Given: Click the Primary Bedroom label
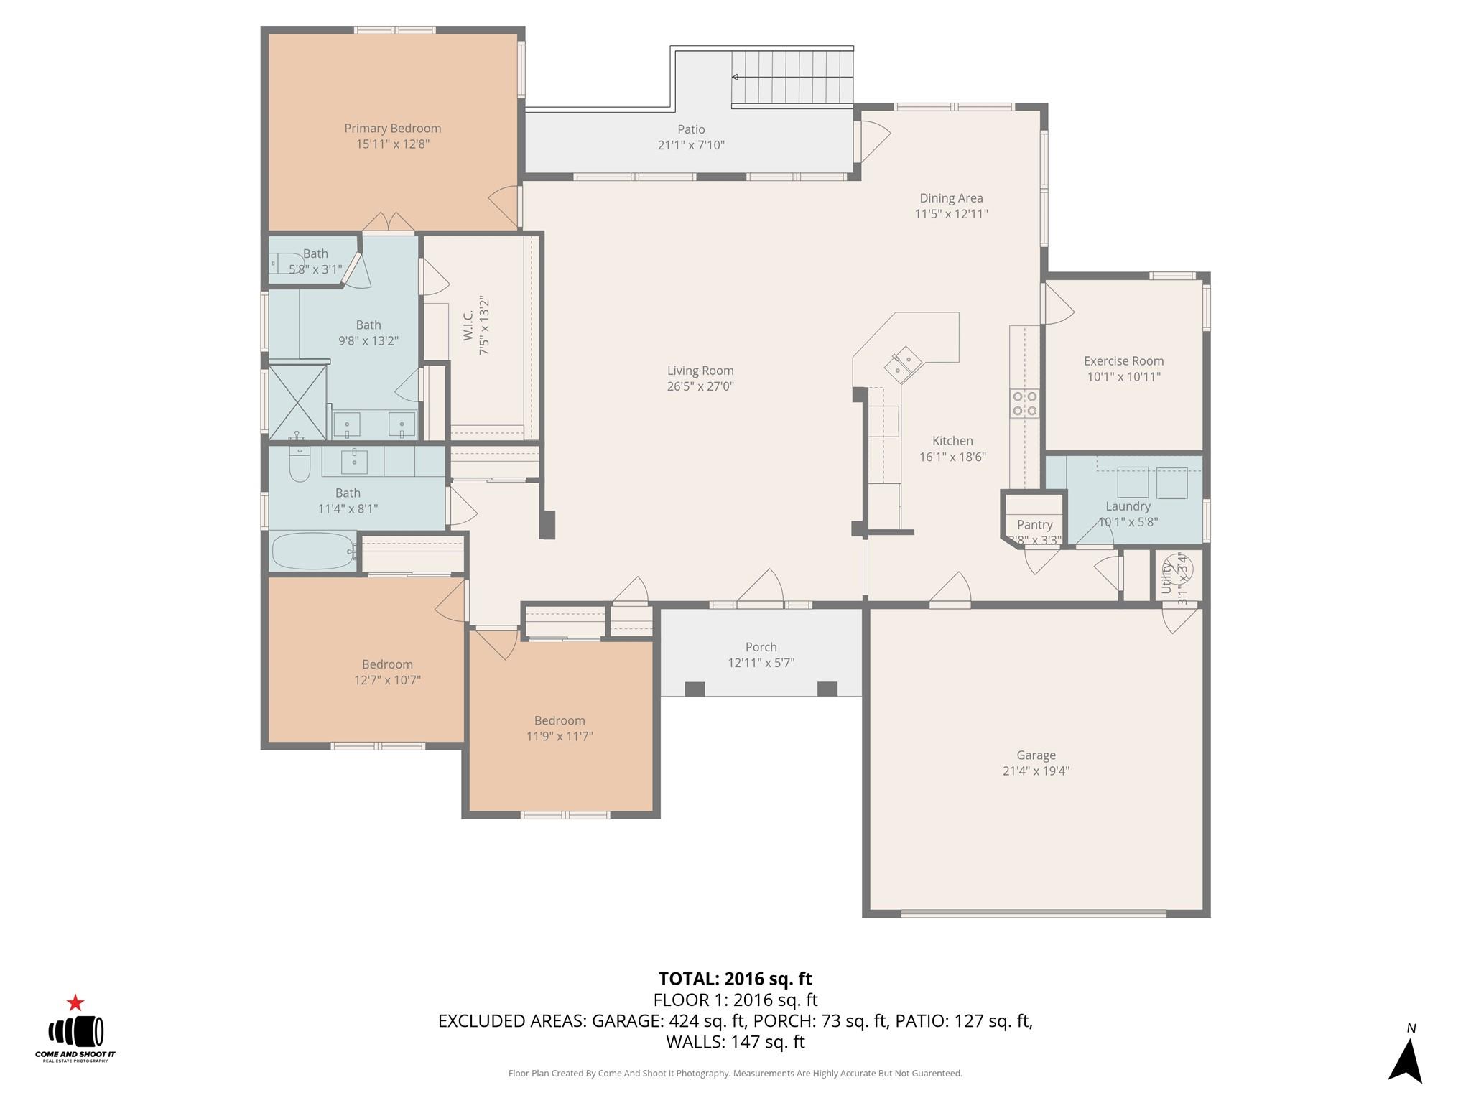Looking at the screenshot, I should click(392, 129).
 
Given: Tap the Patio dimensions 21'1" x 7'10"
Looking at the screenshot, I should click(691, 145).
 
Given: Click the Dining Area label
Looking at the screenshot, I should click(951, 198).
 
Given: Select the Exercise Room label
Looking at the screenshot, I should click(1123, 361).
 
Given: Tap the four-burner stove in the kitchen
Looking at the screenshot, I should click(1024, 403).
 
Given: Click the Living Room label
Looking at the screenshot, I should click(700, 371).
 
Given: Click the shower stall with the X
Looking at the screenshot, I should click(297, 401).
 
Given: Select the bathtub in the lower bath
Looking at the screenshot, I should click(312, 551).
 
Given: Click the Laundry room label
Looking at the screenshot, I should click(1128, 506).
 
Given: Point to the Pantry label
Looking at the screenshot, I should click(1034, 525).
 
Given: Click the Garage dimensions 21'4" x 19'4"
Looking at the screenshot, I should click(1036, 771).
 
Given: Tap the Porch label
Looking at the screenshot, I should click(761, 647).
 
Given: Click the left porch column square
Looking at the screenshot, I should click(695, 689).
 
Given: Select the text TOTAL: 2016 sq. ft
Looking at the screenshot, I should click(735, 979).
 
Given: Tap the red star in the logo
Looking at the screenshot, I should click(75, 1002).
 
